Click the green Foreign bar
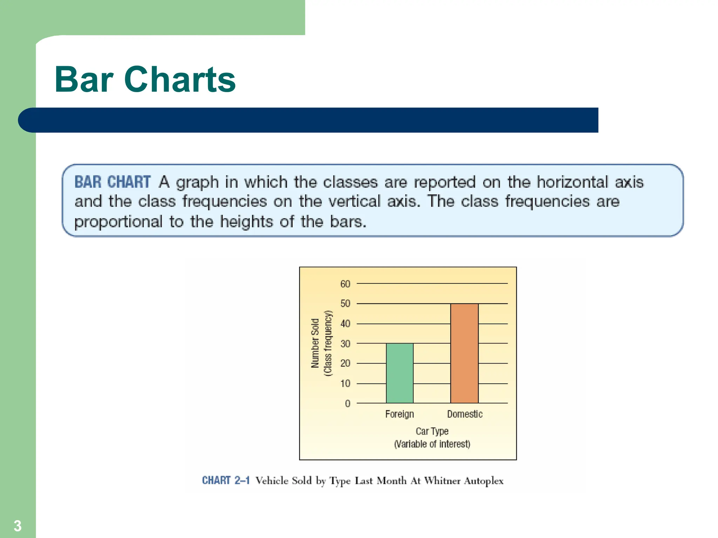[x=400, y=373]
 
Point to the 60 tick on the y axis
[x=345, y=284]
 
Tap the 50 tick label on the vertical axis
[x=345, y=304]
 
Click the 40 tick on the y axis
[x=345, y=324]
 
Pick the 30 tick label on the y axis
[x=345, y=344]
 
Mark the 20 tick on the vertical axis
[x=345, y=364]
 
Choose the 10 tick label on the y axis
[x=345, y=384]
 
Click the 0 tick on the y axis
[x=347, y=403]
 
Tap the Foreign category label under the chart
[x=400, y=414]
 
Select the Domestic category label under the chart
[x=465, y=414]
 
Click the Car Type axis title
[x=432, y=431]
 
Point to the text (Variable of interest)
[x=432, y=444]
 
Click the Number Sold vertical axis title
[x=315, y=343]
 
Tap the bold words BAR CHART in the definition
[x=113, y=182]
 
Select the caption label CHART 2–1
[x=226, y=480]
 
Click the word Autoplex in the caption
[x=483, y=481]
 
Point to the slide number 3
[x=18, y=526]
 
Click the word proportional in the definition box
[x=118, y=222]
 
